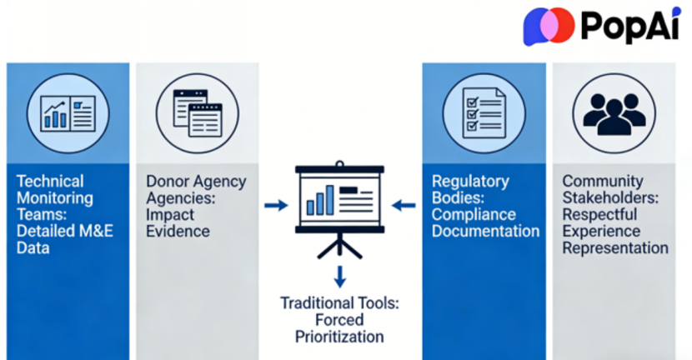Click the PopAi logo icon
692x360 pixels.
[549, 26]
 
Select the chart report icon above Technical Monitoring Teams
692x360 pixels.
[68, 113]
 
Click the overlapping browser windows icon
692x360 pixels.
[198, 113]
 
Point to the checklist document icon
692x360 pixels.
[484, 113]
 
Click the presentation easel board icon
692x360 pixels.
[339, 209]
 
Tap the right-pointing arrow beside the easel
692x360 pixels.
[276, 205]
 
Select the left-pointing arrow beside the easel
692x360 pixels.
[404, 205]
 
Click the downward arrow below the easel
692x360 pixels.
[339, 277]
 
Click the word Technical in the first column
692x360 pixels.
[50, 182]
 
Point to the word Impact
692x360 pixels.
[170, 215]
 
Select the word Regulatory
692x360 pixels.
[470, 182]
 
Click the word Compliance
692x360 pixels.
[474, 215]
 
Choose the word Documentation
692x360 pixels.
[485, 231]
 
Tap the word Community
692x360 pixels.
[603, 182]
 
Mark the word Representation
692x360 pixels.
[615, 248]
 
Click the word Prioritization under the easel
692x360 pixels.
[339, 337]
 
